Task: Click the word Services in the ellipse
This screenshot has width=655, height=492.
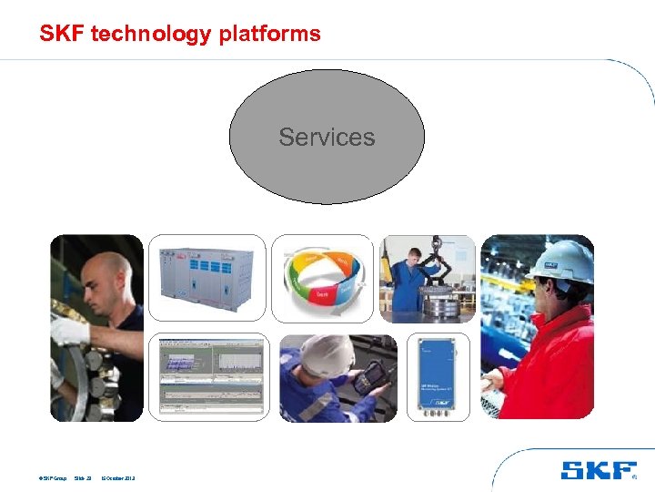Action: point(327,138)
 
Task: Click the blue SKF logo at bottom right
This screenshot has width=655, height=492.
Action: point(598,470)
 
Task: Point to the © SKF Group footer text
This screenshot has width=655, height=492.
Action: point(52,477)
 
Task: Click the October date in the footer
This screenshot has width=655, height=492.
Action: point(117,477)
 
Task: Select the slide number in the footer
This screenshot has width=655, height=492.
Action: point(85,477)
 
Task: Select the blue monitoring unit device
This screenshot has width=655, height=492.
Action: point(438,375)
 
